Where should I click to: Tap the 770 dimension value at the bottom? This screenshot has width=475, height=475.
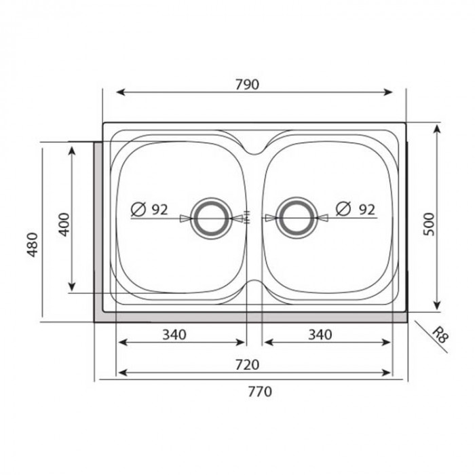tap(259, 392)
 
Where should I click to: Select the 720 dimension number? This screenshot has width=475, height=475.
tap(248, 364)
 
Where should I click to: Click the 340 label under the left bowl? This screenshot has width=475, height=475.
tap(174, 334)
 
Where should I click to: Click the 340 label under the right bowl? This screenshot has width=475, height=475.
tap(320, 334)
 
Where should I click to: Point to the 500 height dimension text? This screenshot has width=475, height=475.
tap(428, 223)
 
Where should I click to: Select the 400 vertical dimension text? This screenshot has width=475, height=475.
tap(64, 223)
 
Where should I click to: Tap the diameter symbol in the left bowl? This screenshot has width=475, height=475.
tap(137, 210)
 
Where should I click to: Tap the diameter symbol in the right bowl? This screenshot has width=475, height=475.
tap(343, 210)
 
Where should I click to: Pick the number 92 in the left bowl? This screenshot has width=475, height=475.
tap(159, 210)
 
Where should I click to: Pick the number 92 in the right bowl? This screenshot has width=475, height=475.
tap(366, 210)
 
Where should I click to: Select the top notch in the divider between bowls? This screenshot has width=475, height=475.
tap(252, 150)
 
